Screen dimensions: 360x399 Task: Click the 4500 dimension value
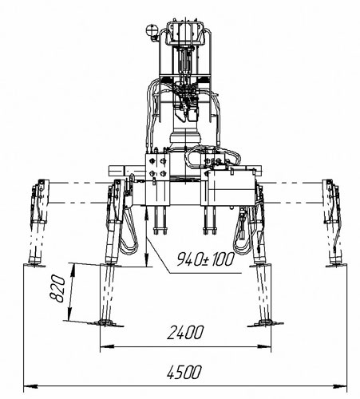pyautogui.click(x=184, y=372)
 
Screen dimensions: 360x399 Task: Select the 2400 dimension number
pyautogui.click(x=185, y=333)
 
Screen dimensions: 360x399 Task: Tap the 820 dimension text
pyautogui.click(x=57, y=289)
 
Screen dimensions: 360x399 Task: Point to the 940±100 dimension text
pyautogui.click(x=206, y=259)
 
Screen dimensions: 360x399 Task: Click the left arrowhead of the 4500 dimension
pyautogui.click(x=30, y=385)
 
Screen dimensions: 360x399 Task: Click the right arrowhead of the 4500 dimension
pyautogui.click(x=340, y=385)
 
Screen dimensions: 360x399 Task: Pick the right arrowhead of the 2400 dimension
pyautogui.click(x=264, y=346)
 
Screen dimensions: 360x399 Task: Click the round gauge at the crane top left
pyautogui.click(x=152, y=30)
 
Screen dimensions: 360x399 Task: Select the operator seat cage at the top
pyautogui.click(x=185, y=33)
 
